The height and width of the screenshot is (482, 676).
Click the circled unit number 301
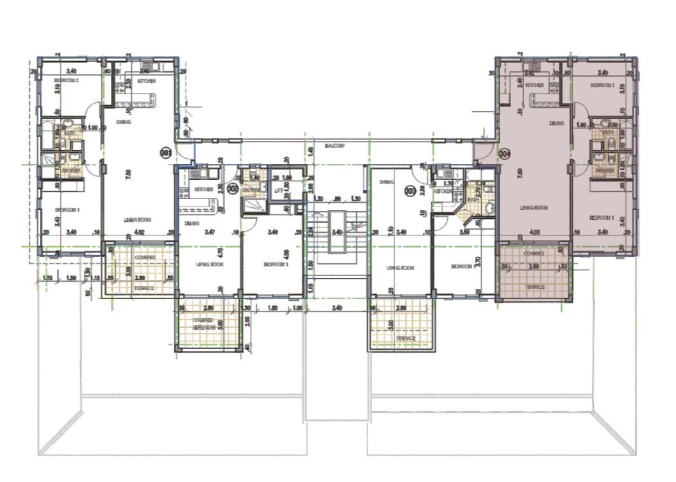(166, 153)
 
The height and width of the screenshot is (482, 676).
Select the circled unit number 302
(233, 188)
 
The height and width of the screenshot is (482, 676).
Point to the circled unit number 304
(505, 154)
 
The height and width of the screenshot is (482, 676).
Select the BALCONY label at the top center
(334, 146)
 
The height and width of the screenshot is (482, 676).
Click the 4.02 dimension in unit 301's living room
(139, 232)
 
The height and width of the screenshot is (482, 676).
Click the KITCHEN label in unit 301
(147, 81)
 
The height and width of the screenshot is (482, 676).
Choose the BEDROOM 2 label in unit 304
(601, 85)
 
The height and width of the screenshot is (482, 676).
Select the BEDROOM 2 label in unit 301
(66, 80)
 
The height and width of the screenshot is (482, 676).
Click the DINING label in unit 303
(387, 182)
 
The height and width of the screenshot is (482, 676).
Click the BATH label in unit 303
(473, 200)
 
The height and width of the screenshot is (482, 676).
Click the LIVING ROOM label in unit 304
(534, 207)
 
